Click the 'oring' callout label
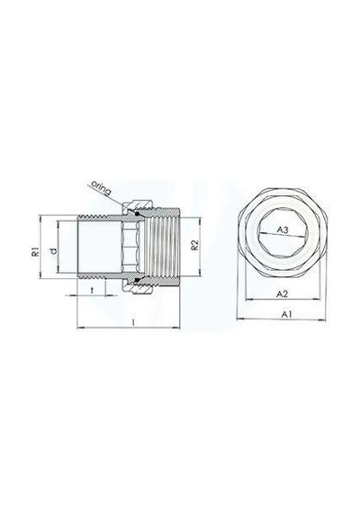101,187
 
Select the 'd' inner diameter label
54,251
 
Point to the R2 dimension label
194,246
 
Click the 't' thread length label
92,290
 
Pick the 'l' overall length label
133,322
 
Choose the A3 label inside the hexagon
283,230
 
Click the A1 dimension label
287,314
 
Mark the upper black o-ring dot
138,213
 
